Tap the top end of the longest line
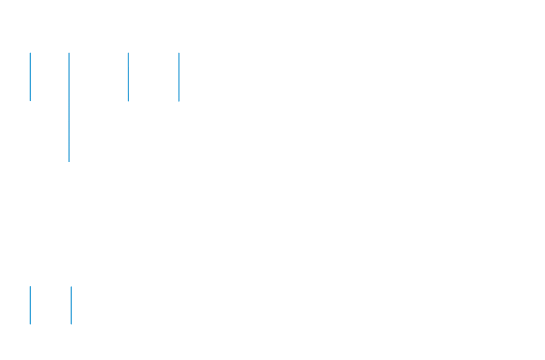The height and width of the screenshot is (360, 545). tap(69, 53)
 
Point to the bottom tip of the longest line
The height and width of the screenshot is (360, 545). tap(69, 161)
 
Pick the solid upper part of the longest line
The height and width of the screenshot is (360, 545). tap(69, 73)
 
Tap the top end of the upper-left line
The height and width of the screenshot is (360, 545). tap(30, 53)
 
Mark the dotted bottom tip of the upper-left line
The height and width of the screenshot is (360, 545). tap(30, 100)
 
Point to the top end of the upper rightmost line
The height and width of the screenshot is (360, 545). tap(179, 53)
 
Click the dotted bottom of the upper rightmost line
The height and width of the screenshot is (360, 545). tap(179, 99)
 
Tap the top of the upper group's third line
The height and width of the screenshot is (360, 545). tap(129, 53)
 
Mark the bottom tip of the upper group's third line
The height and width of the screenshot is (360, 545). tap(129, 100)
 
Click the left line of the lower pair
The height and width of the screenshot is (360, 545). tap(30, 305)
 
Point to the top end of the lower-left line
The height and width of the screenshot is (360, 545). tap(30, 287)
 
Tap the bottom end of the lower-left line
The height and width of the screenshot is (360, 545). tap(30, 324)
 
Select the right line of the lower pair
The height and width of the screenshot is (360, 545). tap(71, 305)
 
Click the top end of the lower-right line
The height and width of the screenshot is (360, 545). tap(71, 287)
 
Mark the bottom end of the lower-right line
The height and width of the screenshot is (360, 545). tap(71, 324)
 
